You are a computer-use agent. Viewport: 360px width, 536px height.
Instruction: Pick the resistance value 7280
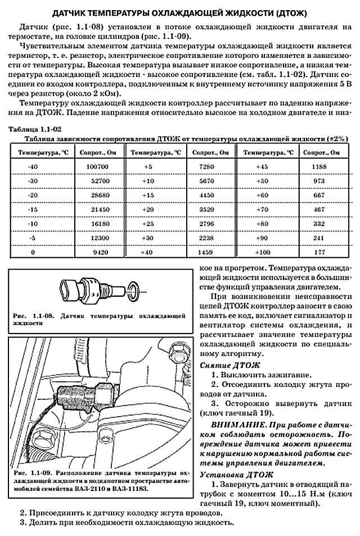(207, 168)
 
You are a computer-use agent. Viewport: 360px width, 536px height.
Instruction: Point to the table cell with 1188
(319, 168)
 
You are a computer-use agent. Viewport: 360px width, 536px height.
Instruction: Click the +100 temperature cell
(263, 253)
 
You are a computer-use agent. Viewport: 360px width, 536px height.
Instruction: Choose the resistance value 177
(319, 253)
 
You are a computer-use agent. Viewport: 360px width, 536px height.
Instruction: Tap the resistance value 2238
(207, 238)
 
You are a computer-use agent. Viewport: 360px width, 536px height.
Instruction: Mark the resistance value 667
(319, 196)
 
